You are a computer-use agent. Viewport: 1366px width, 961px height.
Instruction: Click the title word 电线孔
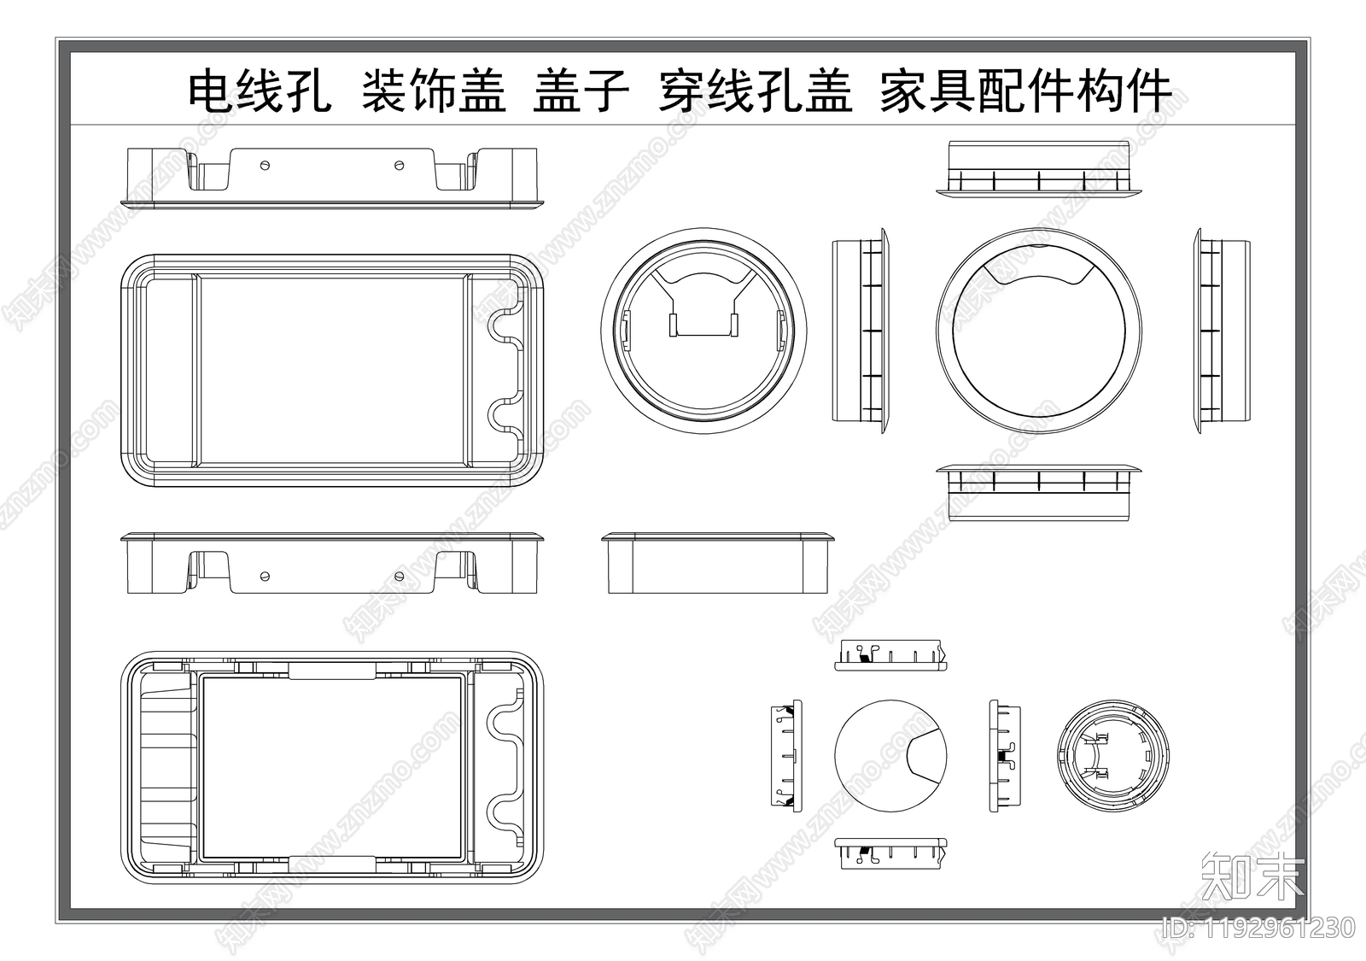(260, 91)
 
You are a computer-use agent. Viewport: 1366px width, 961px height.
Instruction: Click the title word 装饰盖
(434, 91)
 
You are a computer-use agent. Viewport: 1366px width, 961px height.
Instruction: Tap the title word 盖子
(581, 91)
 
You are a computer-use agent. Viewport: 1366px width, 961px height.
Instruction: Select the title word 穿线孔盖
(755, 91)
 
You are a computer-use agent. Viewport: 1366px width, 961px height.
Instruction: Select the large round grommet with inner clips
(703, 330)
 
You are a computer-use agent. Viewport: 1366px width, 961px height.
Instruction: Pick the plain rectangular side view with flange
(718, 563)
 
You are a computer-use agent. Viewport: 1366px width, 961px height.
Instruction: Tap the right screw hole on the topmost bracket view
(400, 163)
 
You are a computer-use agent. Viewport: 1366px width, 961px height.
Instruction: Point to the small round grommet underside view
(1110, 755)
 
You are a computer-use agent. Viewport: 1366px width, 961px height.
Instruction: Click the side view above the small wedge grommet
(891, 655)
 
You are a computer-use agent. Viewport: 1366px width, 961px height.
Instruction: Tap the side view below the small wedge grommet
(891, 853)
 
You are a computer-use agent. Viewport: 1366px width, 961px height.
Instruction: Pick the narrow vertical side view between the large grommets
(860, 330)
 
